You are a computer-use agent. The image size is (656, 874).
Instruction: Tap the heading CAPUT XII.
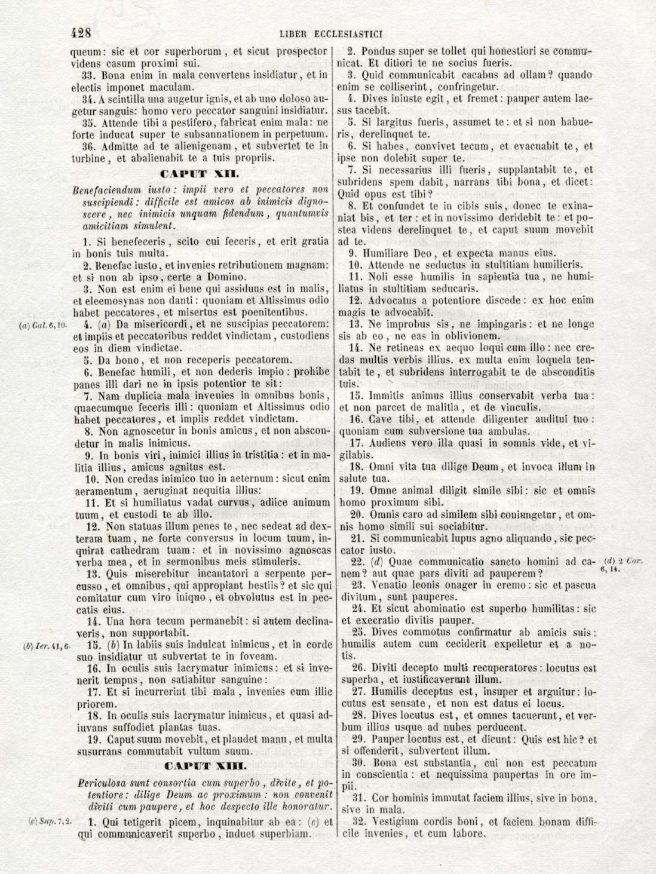(200, 173)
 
